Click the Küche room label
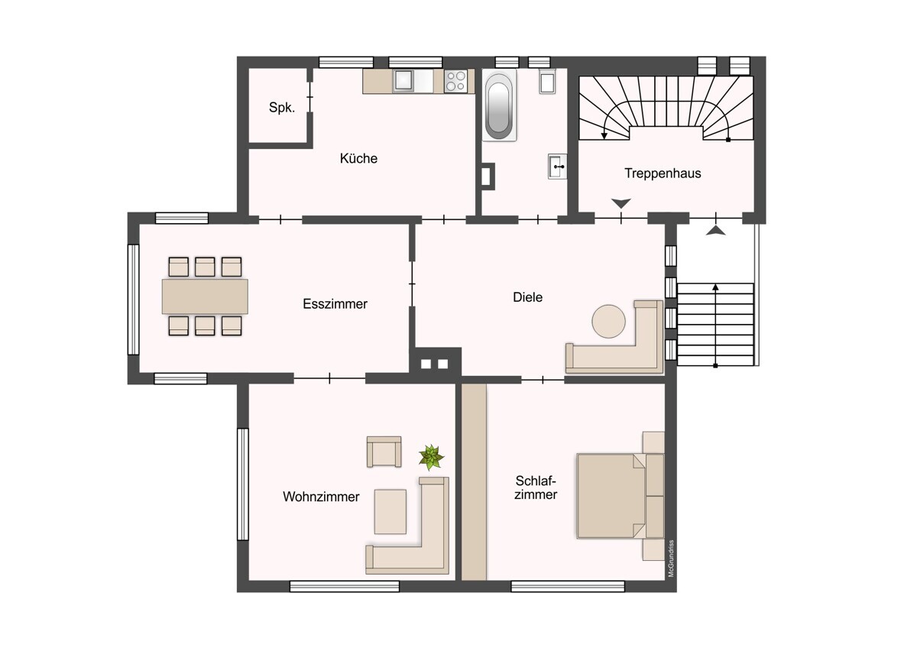[x=358, y=158]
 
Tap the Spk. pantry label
[x=282, y=108]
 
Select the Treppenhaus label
[x=663, y=173]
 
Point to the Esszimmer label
[x=335, y=303]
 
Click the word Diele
[x=528, y=297]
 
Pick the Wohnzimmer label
[x=321, y=497]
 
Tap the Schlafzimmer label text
[x=536, y=488]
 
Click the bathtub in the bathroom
[x=499, y=105]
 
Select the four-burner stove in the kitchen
[x=455, y=81]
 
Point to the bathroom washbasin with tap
[x=558, y=167]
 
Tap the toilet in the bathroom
[x=547, y=83]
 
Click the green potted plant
[x=431, y=457]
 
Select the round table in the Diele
[x=608, y=322]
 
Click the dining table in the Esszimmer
[x=205, y=296]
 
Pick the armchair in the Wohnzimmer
[x=384, y=452]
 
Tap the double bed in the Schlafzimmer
[x=621, y=496]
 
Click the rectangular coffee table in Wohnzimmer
[x=390, y=512]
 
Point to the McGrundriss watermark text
[x=671, y=559]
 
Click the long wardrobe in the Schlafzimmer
[x=474, y=482]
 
